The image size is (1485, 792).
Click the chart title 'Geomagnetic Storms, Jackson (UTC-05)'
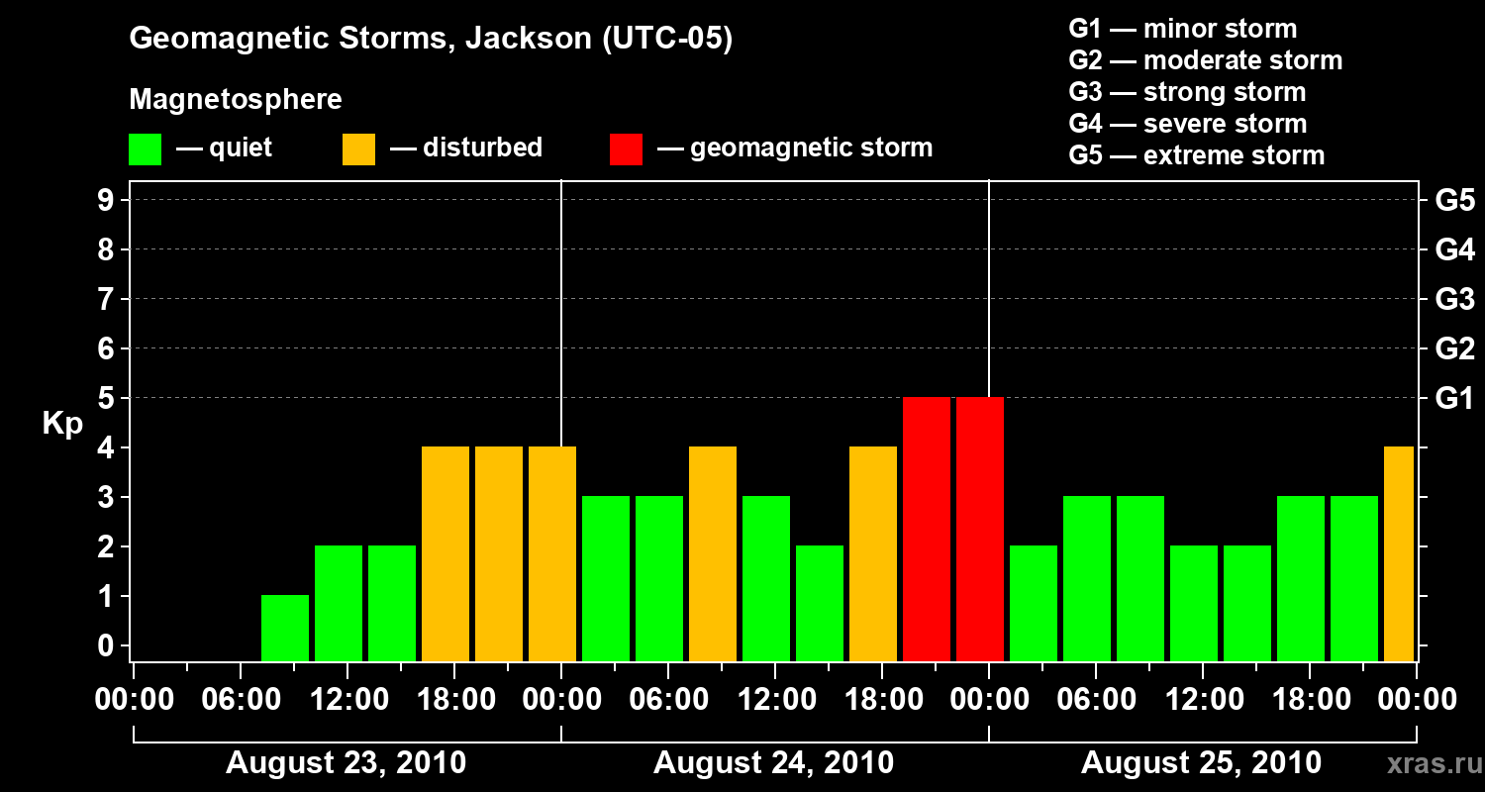point(431,40)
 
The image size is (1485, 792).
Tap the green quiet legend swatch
point(145,148)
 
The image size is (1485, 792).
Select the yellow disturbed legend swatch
point(358,148)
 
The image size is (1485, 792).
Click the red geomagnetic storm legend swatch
point(626,148)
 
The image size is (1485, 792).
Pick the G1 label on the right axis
point(1454,398)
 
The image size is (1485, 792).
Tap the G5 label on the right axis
point(1454,200)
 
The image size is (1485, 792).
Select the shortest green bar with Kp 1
point(285,628)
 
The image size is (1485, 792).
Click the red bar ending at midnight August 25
point(980,529)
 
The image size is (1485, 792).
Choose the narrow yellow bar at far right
point(1399,553)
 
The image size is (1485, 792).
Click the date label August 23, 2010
point(346,763)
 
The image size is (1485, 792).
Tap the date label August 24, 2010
point(774,763)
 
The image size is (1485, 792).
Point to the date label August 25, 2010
point(1201,763)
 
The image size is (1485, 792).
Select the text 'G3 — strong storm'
point(1187,92)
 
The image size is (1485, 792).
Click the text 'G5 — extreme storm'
point(1196,155)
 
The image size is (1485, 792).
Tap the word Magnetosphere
point(236,100)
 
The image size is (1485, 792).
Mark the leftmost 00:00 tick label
point(133,699)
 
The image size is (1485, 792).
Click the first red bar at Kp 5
point(927,529)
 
